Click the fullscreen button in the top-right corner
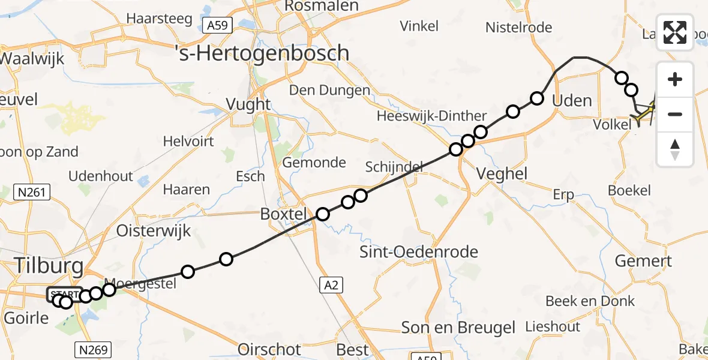[x=675, y=32]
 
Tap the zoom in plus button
[x=675, y=79]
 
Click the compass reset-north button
[x=675, y=149]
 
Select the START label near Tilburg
[x=65, y=294]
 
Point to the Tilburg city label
[x=41, y=264]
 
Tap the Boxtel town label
[x=284, y=214]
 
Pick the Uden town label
[x=571, y=100]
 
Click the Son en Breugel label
[x=458, y=328]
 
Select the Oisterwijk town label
[x=153, y=230]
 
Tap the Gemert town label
[x=644, y=261]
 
